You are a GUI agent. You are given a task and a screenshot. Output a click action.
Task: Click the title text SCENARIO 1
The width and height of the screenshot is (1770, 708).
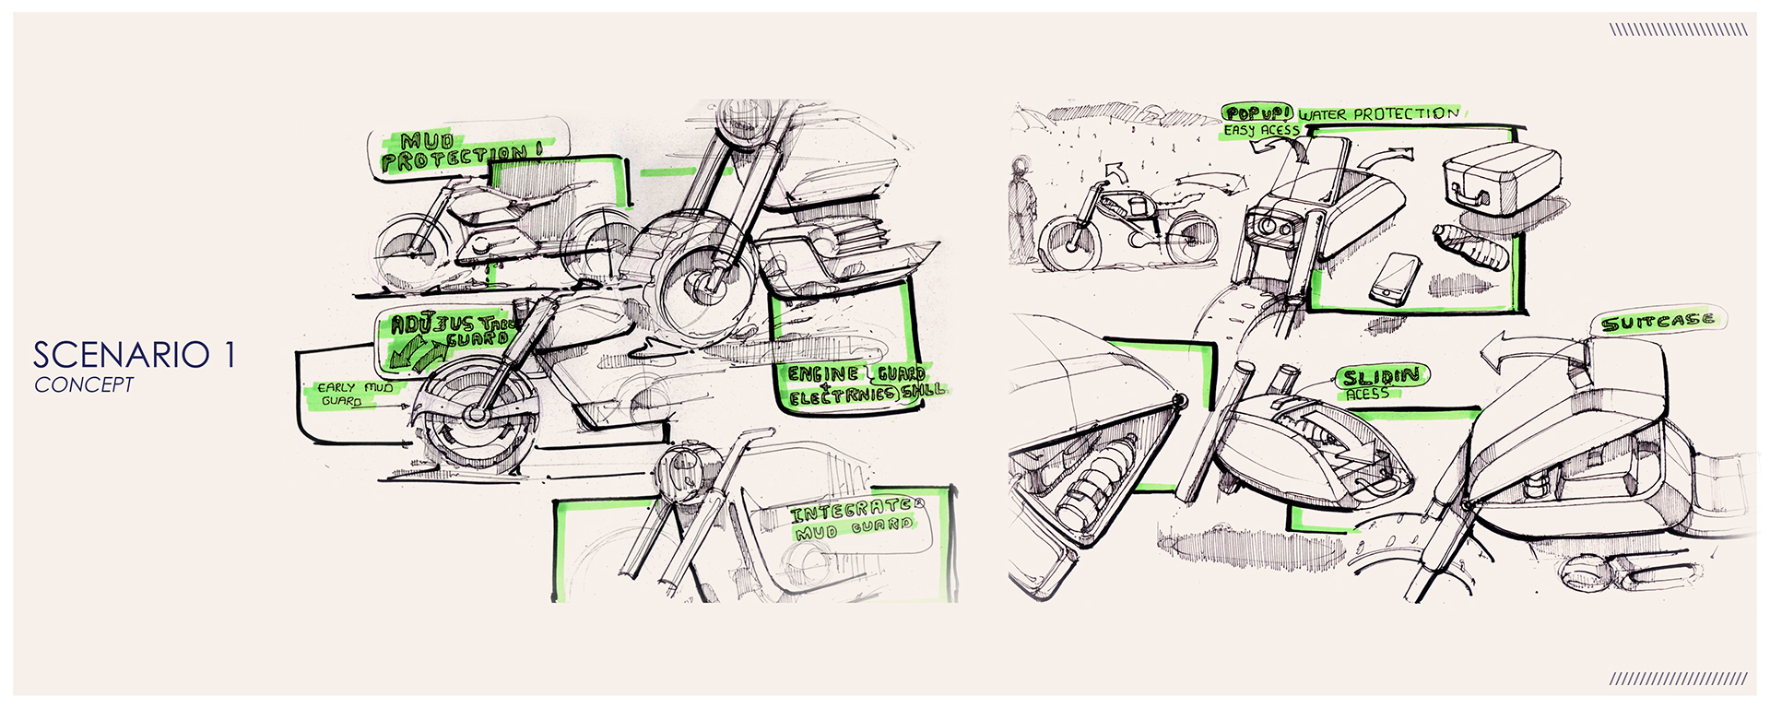(134, 355)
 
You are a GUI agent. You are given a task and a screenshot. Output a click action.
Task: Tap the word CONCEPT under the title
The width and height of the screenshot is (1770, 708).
(84, 385)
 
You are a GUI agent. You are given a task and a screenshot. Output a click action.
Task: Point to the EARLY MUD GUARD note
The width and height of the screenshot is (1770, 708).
(354, 394)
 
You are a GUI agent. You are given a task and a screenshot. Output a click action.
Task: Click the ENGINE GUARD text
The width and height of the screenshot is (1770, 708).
(855, 373)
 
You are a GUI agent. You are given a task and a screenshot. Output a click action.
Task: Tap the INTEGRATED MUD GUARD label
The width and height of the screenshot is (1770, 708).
(854, 519)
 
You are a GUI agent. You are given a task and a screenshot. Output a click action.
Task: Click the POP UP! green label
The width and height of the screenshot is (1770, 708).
(1257, 113)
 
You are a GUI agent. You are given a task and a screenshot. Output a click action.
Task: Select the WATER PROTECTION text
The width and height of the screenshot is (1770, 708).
(1379, 114)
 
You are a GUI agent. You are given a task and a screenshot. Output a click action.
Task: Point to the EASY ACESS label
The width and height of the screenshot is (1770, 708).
(1261, 131)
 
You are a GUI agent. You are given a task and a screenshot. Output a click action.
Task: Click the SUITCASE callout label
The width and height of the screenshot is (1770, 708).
(1658, 321)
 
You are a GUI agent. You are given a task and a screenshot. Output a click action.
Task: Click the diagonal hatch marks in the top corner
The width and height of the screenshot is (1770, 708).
(1678, 29)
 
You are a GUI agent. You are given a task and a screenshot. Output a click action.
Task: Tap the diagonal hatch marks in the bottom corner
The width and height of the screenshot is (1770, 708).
(1678, 679)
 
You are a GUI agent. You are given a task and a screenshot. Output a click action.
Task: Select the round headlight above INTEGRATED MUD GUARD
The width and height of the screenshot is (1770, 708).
(682, 470)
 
